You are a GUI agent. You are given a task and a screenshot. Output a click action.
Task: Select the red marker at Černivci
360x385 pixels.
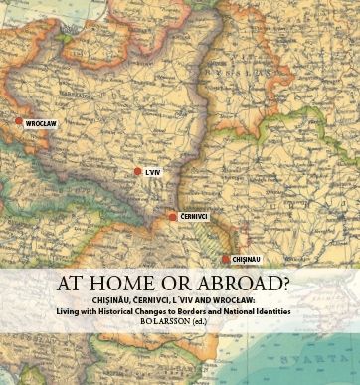173,216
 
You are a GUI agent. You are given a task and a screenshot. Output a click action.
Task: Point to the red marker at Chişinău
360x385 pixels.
226,259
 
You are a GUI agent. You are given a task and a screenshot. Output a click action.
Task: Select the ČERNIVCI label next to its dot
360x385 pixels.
195,216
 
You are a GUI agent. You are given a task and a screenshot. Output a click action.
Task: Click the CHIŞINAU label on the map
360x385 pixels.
247,259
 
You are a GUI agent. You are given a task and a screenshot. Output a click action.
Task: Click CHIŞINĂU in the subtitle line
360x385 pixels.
108,298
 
